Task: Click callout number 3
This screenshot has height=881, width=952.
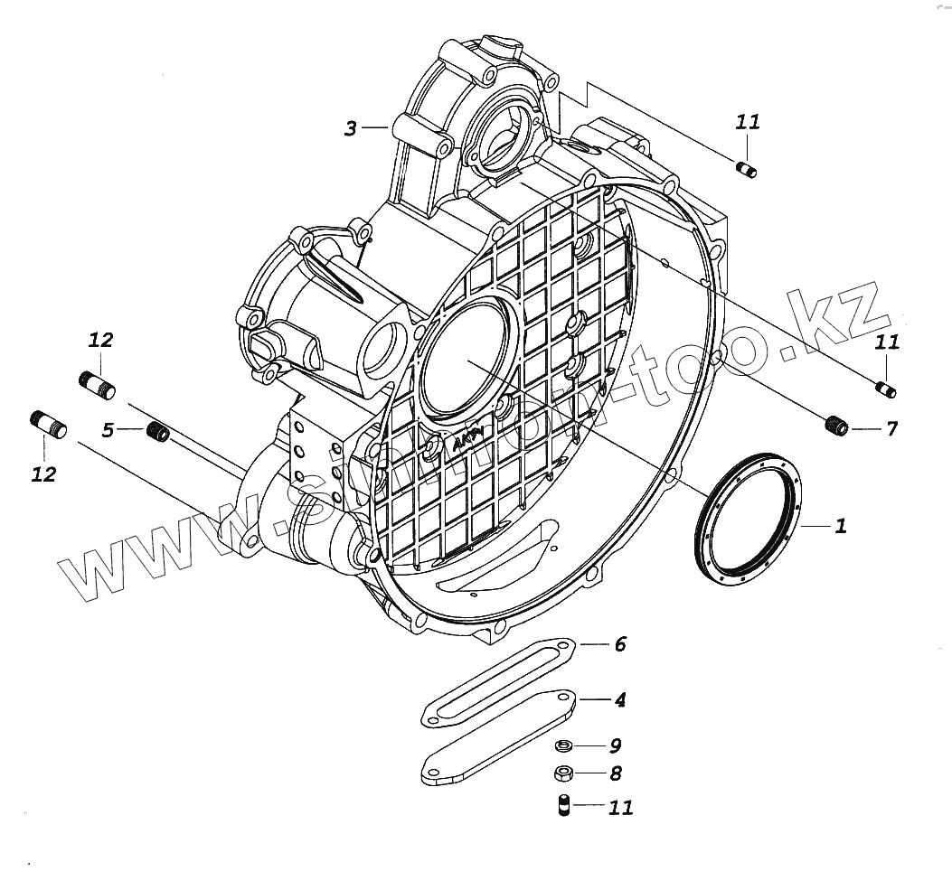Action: click(351, 129)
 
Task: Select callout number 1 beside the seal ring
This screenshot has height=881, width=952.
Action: click(840, 525)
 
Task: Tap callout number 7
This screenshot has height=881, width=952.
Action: click(891, 428)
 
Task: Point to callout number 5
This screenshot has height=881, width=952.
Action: click(108, 430)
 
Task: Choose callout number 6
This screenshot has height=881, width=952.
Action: click(619, 644)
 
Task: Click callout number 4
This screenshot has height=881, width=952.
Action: click(619, 699)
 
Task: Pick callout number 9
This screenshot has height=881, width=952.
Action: click(615, 745)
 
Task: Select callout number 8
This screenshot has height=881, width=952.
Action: click(615, 773)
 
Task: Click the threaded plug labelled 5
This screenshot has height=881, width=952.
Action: click(159, 432)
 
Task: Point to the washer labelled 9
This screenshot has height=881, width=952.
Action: click(562, 745)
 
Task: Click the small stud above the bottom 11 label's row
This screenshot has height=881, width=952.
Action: click(562, 803)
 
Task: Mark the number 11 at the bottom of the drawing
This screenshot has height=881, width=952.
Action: click(620, 807)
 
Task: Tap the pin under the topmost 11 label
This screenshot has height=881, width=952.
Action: click(747, 168)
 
